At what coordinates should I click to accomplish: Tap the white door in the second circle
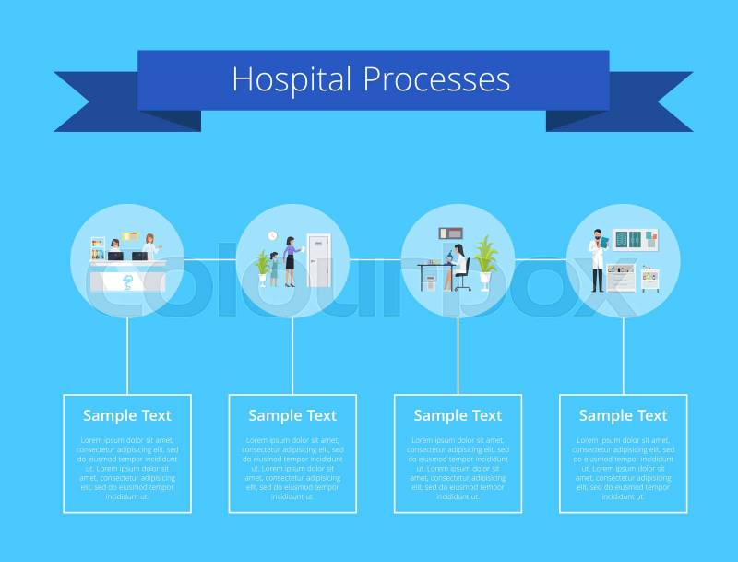click(x=318, y=260)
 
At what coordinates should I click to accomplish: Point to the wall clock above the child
click(x=272, y=236)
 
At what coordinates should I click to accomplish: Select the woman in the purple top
click(x=290, y=260)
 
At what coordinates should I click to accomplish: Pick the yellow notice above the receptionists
click(x=130, y=238)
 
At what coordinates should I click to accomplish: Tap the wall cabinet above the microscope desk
click(x=451, y=233)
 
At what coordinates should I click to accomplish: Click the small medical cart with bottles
click(x=650, y=278)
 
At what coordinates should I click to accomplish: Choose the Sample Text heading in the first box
click(x=127, y=415)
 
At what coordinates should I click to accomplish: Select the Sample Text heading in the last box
click(x=623, y=415)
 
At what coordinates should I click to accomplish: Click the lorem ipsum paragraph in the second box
click(x=292, y=468)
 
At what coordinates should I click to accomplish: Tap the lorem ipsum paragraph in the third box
click(x=458, y=468)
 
